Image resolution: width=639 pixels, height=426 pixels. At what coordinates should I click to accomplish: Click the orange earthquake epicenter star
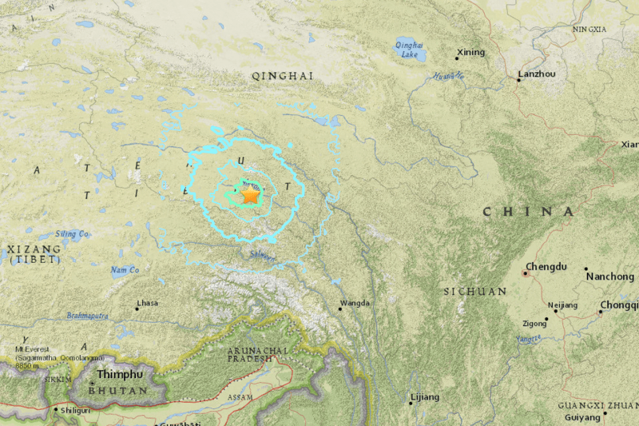(250, 194)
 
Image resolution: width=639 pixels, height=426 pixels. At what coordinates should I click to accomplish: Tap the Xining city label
(470, 53)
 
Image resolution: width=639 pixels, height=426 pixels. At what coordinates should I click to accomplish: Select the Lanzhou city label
(537, 74)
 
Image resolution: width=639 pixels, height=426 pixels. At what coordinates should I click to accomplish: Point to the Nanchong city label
(610, 276)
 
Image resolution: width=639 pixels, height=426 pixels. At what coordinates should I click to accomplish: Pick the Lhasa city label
(147, 304)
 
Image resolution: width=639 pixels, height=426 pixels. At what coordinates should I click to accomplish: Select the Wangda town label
(355, 303)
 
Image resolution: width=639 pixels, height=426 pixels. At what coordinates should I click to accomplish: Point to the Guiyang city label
(581, 417)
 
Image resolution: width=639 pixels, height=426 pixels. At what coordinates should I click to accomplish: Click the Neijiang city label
(562, 305)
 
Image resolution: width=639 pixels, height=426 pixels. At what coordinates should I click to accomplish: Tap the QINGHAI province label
(282, 76)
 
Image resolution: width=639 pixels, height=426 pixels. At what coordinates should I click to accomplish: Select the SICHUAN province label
(474, 292)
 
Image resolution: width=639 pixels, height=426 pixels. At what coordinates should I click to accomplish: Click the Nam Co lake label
(124, 270)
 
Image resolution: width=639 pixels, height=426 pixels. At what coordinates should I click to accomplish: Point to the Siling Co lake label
(72, 234)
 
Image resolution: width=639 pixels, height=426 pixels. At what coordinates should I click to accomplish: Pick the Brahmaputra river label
(88, 317)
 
